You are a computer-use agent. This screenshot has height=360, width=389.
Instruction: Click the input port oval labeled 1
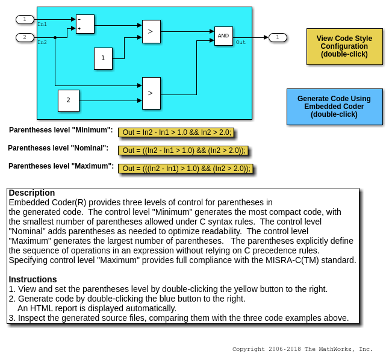25,19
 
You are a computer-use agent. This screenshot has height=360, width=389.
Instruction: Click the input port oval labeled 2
25,37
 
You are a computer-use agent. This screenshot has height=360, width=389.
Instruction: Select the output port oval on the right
278,37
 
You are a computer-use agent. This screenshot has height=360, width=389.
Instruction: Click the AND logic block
223,36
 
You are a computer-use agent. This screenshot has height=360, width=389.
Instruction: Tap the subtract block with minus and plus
85,24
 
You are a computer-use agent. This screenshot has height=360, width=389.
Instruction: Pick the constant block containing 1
103,58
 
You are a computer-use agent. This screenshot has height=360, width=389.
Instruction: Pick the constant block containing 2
69,101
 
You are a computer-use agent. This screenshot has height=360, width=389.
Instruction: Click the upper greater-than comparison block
151,31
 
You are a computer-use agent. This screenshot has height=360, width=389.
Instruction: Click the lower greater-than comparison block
151,93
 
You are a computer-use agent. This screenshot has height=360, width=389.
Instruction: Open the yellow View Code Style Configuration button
344,46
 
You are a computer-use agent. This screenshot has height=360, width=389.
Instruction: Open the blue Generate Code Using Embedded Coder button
334,107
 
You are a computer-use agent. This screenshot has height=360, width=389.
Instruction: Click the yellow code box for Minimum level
175,132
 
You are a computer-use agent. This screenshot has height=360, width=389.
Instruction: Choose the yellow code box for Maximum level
185,169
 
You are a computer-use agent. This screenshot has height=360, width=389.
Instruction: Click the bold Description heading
32,193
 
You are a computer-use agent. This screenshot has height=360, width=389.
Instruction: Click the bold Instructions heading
33,279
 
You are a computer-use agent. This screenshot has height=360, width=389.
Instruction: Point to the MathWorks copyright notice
302,349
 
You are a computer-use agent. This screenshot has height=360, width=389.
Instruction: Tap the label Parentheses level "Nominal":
58,148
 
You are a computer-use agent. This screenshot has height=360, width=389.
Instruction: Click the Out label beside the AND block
240,42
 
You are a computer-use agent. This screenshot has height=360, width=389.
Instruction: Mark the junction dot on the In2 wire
55,37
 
